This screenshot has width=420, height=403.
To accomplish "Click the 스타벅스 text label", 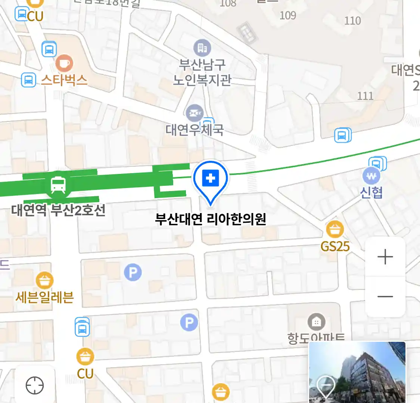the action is pyautogui.click(x=64, y=80).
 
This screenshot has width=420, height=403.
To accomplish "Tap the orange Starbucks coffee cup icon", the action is pyautogui.click(x=64, y=63).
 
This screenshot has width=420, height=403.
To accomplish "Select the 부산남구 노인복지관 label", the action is pyautogui.click(x=202, y=72).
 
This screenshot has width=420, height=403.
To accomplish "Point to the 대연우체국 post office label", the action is pyautogui.click(x=195, y=129).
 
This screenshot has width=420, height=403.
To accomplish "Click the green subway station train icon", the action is pyautogui.click(x=58, y=185).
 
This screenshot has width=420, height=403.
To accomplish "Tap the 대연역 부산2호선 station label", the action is pyautogui.click(x=58, y=210).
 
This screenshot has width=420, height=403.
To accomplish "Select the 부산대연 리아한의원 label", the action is pyautogui.click(x=211, y=219).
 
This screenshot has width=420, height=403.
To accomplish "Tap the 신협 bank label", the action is pyautogui.click(x=371, y=192).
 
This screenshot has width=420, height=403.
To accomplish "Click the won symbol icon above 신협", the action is pyautogui.click(x=371, y=176).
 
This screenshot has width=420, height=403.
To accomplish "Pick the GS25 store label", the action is pyautogui.click(x=335, y=246).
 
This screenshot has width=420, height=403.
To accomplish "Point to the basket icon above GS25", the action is pyautogui.click(x=335, y=229).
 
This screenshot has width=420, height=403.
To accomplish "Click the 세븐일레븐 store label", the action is pyautogui.click(x=44, y=297).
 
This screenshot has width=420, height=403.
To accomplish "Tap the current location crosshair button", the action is pyautogui.click(x=35, y=385).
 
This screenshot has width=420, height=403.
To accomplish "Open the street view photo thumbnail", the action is pyautogui.click(x=357, y=372).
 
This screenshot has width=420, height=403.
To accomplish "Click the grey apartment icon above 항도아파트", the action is pyautogui.click(x=316, y=322).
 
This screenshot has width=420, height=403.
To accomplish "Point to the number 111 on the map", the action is pyautogui.click(x=365, y=96).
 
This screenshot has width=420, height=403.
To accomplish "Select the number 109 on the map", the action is pyautogui.click(x=288, y=15).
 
